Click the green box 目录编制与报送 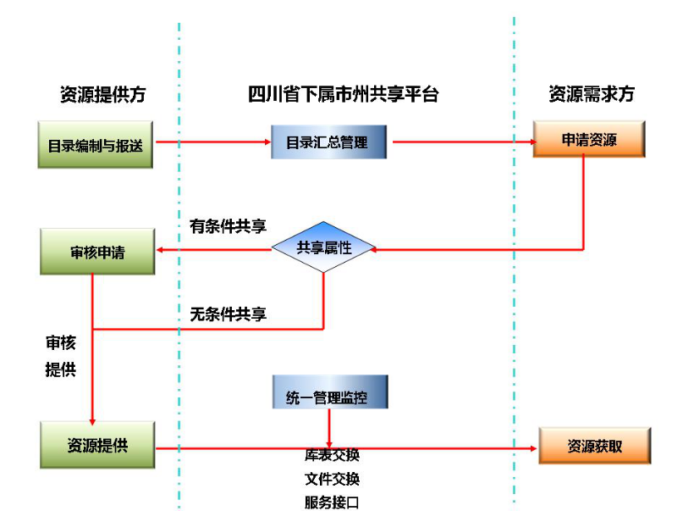click(x=95, y=144)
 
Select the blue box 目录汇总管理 click(x=329, y=142)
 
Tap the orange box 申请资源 click(x=589, y=139)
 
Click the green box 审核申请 click(x=97, y=252)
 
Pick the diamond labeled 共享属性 click(x=323, y=247)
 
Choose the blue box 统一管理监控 click(x=330, y=392)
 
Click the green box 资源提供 click(x=97, y=445)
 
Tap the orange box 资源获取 click(x=595, y=446)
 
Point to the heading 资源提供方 click(x=103, y=94)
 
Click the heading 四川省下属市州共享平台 click(x=344, y=94)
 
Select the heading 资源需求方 click(x=592, y=94)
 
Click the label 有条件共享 click(x=228, y=226)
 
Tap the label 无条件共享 click(x=228, y=314)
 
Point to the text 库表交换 click(x=332, y=455)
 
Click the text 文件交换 click(x=332, y=479)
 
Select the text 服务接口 click(x=332, y=503)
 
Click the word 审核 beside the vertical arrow click(x=61, y=342)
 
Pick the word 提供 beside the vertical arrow click(x=61, y=369)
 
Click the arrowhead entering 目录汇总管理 click(x=267, y=142)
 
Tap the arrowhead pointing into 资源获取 click(x=533, y=448)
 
